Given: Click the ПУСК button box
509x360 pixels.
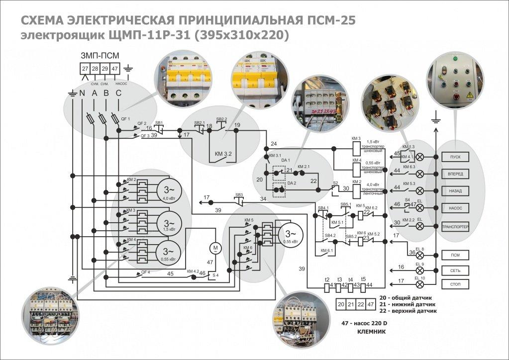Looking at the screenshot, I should pyautogui.click(x=455, y=157).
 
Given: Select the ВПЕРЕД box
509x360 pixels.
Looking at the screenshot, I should pyautogui.click(x=455, y=174).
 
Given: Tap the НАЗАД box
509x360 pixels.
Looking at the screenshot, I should pyautogui.click(x=455, y=190).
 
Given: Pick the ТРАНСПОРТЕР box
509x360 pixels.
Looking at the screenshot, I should pyautogui.click(x=455, y=225).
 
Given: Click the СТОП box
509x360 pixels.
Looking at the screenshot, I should pyautogui.click(x=455, y=285).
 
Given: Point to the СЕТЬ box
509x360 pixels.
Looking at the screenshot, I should pyautogui.click(x=455, y=270).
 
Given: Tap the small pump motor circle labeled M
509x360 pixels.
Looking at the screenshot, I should pyautogui.click(x=215, y=247).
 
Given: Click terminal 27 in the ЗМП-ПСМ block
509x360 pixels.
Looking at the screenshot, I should pyautogui.click(x=86, y=68).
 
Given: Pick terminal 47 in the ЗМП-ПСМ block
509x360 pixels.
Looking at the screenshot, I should pyautogui.click(x=115, y=68).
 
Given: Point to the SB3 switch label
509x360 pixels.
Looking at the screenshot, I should pyautogui.click(x=239, y=194).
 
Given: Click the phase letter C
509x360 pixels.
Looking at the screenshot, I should pyautogui.click(x=118, y=93).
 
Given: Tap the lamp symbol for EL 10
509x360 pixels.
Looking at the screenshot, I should pyautogui.click(x=420, y=285).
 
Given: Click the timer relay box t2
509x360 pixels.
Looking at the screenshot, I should pyautogui.click(x=327, y=286).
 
